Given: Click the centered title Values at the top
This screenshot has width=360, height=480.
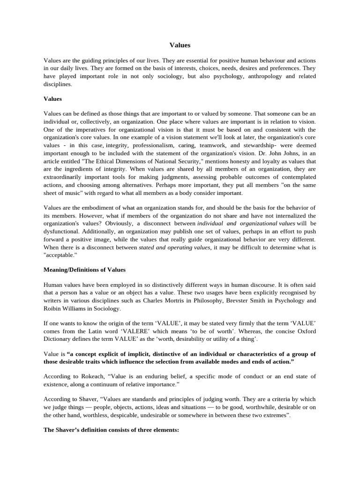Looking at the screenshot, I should [x=180, y=45].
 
